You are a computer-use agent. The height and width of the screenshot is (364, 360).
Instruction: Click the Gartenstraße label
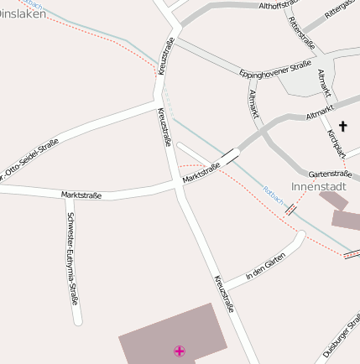pos(330,173)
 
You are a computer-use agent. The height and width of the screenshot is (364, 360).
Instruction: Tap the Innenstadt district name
pos(318,185)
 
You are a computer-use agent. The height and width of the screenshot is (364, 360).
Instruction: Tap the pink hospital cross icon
pos(179,351)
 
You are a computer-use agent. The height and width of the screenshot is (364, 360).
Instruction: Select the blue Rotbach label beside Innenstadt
pos(274,195)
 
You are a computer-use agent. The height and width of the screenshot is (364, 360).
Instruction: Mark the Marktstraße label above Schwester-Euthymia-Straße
pos(81,195)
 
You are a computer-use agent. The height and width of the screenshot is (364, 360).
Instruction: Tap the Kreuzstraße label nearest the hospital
pos(223,294)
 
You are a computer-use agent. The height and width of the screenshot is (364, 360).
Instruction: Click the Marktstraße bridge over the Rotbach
pos(230,155)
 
